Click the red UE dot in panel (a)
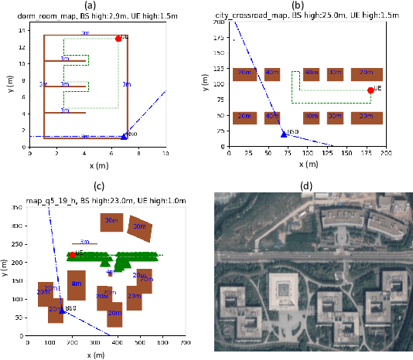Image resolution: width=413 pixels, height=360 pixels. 118,39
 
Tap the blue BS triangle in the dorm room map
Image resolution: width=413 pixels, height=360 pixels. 125,136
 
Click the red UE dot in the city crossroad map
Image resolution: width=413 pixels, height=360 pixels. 370,90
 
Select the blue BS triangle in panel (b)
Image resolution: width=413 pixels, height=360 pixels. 283,134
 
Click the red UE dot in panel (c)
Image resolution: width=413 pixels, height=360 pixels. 72,255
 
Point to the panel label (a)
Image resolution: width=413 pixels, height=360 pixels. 97,5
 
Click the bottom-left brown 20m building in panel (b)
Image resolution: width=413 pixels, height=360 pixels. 244,117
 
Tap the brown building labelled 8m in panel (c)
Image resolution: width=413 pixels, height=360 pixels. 77,284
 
